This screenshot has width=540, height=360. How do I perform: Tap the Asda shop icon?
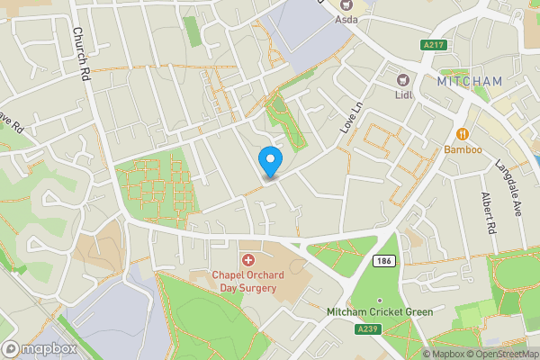click(346, 4)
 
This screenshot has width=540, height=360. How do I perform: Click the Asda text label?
click(346, 19)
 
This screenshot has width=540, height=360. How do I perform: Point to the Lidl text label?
click(404, 94)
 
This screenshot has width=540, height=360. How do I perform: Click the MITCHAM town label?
click(470, 81)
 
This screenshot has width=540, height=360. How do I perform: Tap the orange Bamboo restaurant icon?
click(463, 134)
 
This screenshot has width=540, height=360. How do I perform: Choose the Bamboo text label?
click(463, 149)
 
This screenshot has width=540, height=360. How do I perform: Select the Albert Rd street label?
click(488, 213)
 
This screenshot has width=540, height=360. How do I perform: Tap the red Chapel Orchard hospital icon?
click(247, 260)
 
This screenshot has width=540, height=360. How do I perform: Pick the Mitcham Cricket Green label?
click(380, 312)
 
